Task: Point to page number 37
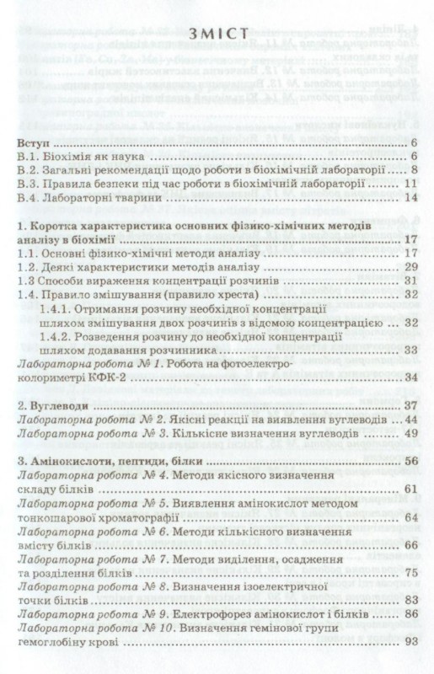(412, 406)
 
